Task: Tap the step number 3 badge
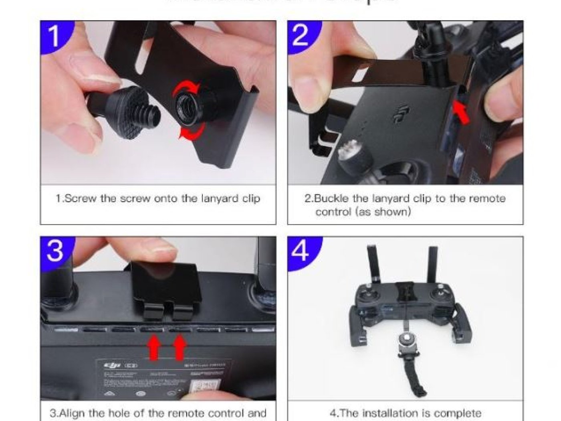tap(55, 251)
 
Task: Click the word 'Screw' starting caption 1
tap(80, 199)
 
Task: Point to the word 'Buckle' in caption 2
tap(333, 199)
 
